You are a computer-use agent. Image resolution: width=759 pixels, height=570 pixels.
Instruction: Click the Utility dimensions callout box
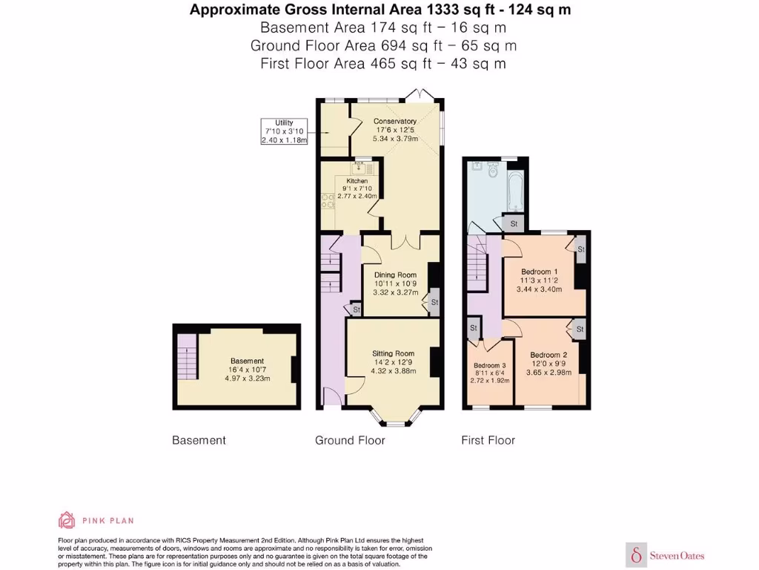point(285,131)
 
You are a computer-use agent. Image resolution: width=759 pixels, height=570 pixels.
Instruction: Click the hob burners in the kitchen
point(325,200)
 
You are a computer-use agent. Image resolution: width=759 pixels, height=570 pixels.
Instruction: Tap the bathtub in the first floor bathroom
point(516,189)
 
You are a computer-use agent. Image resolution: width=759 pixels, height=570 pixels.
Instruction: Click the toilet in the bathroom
point(494,170)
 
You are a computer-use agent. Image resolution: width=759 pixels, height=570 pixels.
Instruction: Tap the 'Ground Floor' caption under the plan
point(350,440)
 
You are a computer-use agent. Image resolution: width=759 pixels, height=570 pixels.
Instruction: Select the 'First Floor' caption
point(488,440)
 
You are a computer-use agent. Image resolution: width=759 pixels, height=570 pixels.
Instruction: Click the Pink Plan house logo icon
point(67,520)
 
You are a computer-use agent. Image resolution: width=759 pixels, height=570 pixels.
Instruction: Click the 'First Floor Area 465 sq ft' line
point(383,64)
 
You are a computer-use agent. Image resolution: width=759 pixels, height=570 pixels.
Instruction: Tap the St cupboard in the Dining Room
point(434,302)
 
